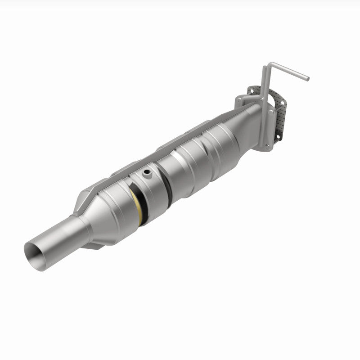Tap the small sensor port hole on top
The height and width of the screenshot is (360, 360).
tap(146, 172)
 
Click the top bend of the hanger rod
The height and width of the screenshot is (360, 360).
tap(265, 67)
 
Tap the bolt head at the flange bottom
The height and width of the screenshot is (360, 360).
tap(268, 147)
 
